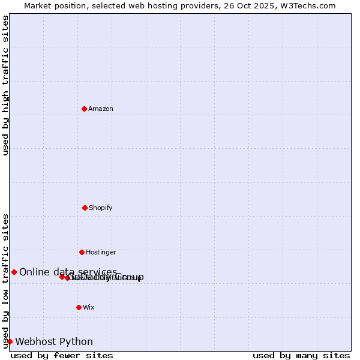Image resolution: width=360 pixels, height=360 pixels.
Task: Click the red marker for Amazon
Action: tap(85, 109)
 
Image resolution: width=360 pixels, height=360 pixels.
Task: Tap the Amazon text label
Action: tap(101, 109)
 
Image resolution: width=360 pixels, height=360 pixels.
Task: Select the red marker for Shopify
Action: tap(85, 208)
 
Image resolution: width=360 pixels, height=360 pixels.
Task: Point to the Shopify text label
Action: tap(101, 208)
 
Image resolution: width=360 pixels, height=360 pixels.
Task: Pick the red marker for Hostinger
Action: tap(82, 252)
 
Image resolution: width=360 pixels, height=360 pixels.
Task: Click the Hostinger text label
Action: tap(101, 253)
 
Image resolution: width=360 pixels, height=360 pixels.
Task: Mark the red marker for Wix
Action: tap(79, 307)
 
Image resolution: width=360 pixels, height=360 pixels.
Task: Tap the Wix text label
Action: tap(89, 308)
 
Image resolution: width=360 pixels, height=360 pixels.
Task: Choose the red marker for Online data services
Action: tap(14, 272)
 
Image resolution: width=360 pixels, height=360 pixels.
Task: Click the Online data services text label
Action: tap(68, 272)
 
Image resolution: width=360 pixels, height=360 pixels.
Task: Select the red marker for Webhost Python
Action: tap(10, 341)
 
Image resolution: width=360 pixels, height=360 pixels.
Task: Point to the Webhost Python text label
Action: tap(54, 342)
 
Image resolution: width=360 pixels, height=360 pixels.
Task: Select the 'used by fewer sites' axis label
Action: tap(62, 355)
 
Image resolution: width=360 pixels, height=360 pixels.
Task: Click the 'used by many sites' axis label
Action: tap(301, 355)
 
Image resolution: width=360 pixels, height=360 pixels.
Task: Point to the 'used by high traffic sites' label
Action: tap(5, 85)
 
